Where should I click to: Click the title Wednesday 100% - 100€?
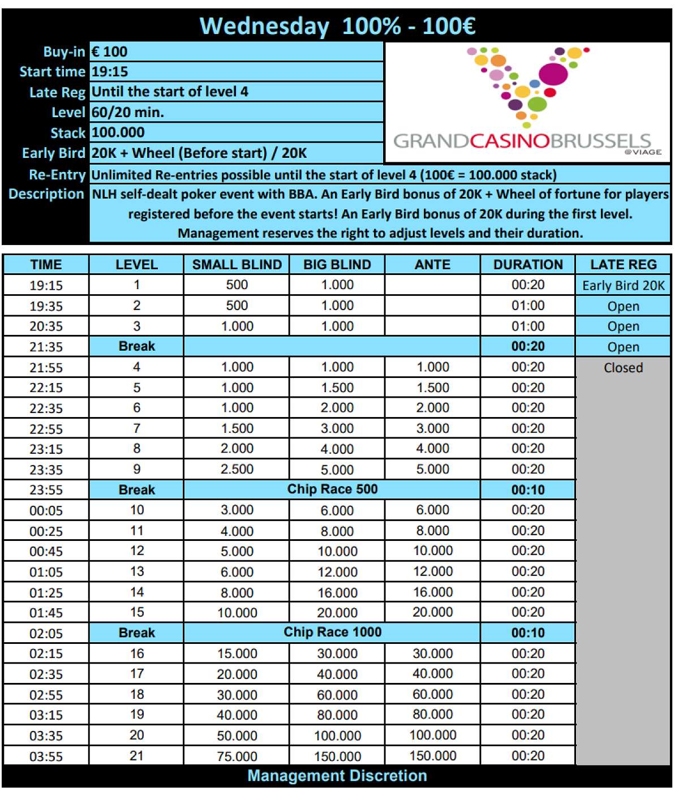point(337,26)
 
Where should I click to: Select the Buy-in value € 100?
point(110,51)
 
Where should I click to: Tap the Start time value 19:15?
point(110,72)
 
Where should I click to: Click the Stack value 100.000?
point(118,132)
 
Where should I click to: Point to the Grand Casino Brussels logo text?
point(522,141)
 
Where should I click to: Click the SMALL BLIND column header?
point(237,264)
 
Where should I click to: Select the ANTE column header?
point(432,264)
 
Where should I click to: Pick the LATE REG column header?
point(623,264)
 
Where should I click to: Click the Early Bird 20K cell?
point(623,285)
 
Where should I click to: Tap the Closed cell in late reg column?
point(623,368)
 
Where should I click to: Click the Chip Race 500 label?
point(332,489)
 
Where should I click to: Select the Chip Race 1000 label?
point(332,632)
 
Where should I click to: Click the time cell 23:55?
point(46,490)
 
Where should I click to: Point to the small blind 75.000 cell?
point(237,756)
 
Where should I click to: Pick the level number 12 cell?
point(137,551)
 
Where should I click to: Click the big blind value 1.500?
point(337,388)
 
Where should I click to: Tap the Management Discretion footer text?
point(337,776)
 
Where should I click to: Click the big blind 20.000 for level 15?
point(337,613)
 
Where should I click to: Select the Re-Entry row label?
point(57,175)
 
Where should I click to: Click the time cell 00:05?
point(46,510)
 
